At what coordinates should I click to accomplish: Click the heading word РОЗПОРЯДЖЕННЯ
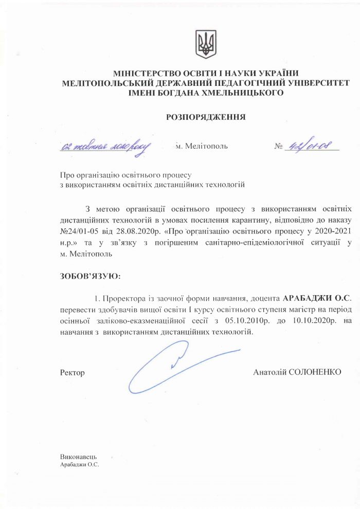(x=206, y=117)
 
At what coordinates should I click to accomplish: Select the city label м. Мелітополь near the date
(x=202, y=146)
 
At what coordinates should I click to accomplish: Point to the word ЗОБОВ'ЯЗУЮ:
(x=90, y=277)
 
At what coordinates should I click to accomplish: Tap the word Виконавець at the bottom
(x=79, y=457)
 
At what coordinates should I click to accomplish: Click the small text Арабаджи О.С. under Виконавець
(x=79, y=464)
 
